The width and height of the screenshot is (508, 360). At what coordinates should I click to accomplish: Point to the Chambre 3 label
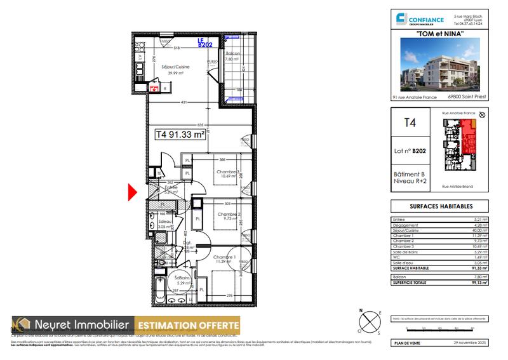pyautogui.click(x=227, y=172)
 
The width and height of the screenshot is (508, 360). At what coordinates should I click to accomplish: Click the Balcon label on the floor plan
pyautogui.click(x=234, y=54)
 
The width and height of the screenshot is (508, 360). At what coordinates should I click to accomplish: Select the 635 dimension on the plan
pyautogui.click(x=200, y=125)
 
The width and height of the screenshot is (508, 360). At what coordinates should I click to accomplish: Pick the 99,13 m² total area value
pyautogui.click(x=479, y=281)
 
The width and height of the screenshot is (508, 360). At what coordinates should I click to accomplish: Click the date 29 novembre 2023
pyautogui.click(x=469, y=343)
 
